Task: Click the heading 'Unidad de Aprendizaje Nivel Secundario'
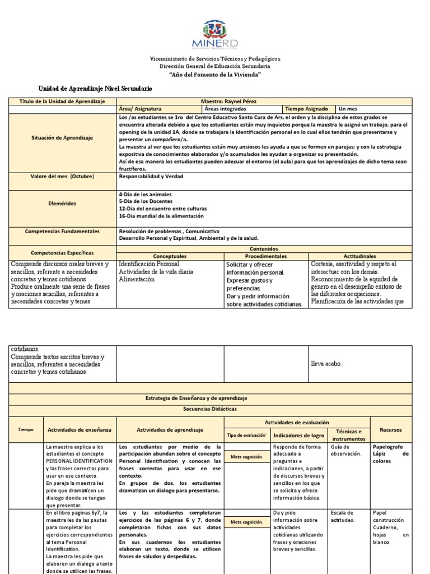(x=95, y=89)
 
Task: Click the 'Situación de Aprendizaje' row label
(x=63, y=137)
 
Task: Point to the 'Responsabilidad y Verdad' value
(x=151, y=176)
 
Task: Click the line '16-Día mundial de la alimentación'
(x=161, y=216)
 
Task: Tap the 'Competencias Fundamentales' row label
(x=63, y=231)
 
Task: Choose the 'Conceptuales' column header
(x=171, y=256)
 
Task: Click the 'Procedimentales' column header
(x=266, y=256)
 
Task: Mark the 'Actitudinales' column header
(x=360, y=256)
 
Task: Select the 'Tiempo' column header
(x=26, y=429)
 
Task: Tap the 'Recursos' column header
(x=391, y=429)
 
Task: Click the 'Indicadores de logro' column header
(x=297, y=435)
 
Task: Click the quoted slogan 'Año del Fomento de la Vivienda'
(x=215, y=75)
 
